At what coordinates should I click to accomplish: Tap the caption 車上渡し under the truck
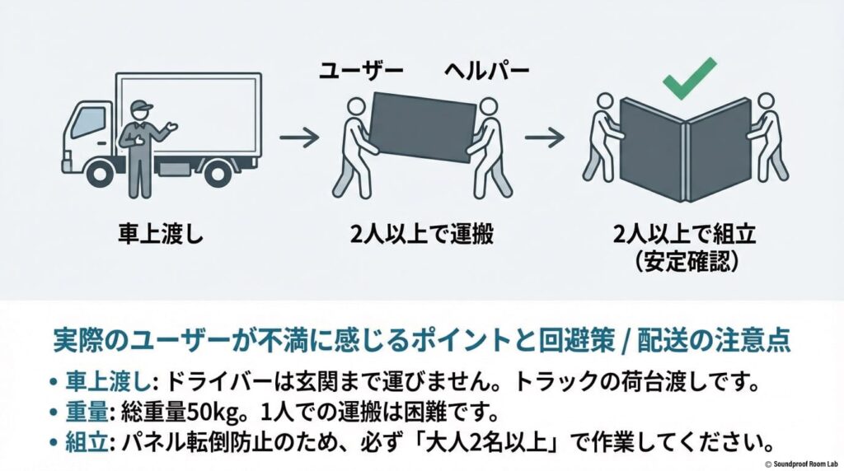[159, 235]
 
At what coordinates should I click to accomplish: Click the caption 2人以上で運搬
[423, 235]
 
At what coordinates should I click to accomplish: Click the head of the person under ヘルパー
[488, 107]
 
